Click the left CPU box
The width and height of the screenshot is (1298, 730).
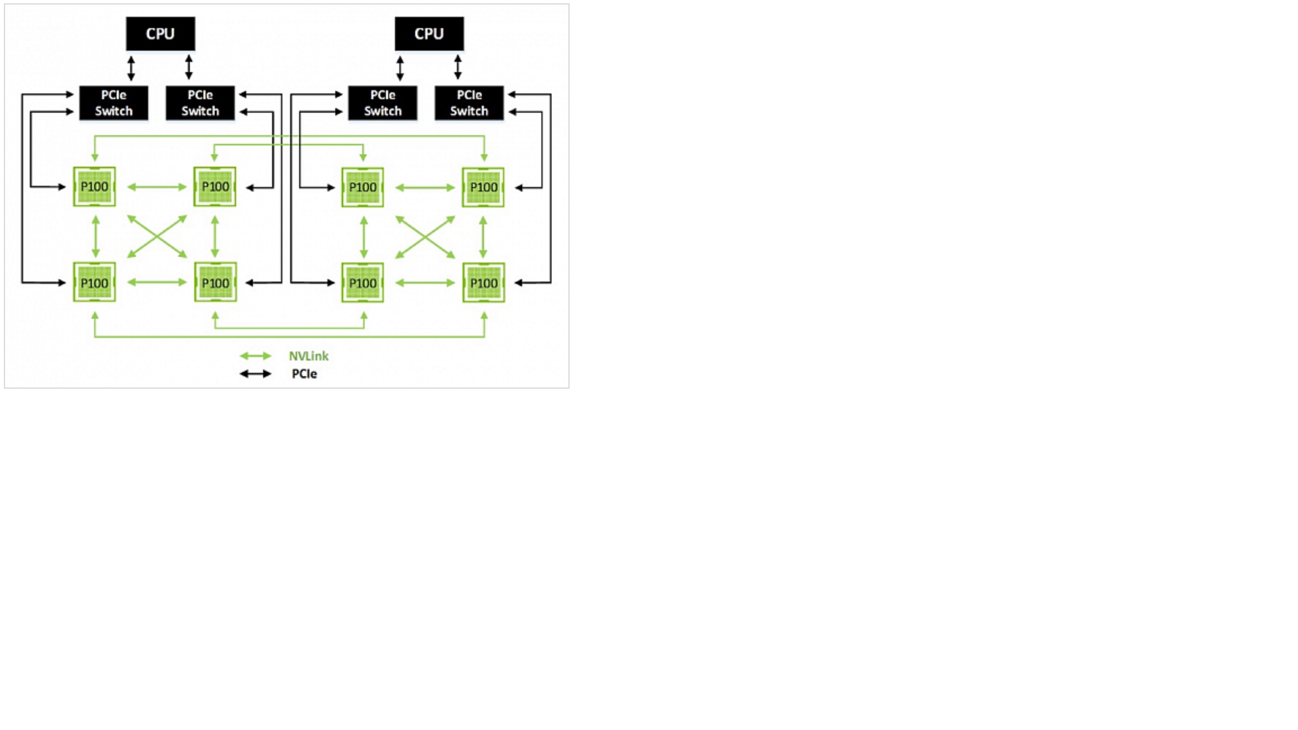[x=161, y=34]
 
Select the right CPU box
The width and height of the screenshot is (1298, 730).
[x=429, y=34]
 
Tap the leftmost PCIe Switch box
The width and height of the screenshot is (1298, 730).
[x=114, y=103]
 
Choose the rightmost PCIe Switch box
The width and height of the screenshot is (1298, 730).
[x=469, y=103]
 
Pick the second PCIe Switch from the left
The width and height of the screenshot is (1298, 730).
[x=200, y=103]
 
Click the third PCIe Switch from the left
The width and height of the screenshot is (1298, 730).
[x=383, y=103]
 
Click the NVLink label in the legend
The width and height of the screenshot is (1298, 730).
[x=308, y=356]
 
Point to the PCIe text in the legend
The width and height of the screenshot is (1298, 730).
[x=304, y=374]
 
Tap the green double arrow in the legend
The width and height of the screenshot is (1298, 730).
[x=255, y=356]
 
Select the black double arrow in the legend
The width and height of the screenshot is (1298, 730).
[x=255, y=374]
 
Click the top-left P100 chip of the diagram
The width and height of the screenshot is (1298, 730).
[x=95, y=186]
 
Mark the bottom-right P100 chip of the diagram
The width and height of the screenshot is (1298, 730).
[x=483, y=283]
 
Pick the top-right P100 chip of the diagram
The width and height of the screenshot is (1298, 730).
[x=483, y=187]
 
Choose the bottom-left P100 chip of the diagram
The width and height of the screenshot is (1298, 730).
[x=95, y=282]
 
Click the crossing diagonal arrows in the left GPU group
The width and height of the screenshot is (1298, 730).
[x=157, y=237]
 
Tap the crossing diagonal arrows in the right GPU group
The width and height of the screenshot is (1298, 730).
[x=425, y=237]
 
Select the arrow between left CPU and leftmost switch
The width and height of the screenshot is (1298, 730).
[x=131, y=68]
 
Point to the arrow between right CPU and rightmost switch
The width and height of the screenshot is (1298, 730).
[x=457, y=68]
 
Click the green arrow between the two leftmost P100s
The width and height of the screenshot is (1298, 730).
[x=95, y=237]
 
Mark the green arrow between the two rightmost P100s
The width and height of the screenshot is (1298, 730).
[x=483, y=237]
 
